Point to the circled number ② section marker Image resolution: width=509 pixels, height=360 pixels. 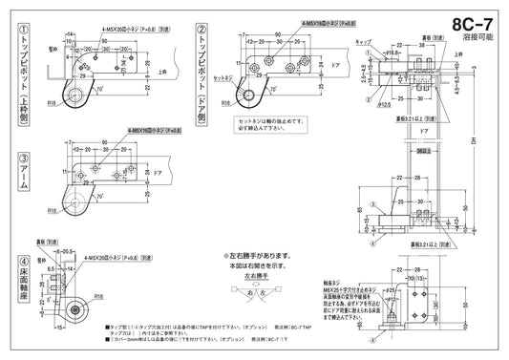coord(201,29)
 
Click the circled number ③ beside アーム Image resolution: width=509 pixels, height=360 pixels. coord(10,158)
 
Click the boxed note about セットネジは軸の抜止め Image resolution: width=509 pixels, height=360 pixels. coord(273,124)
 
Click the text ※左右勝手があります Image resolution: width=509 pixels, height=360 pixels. coord(251,255)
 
